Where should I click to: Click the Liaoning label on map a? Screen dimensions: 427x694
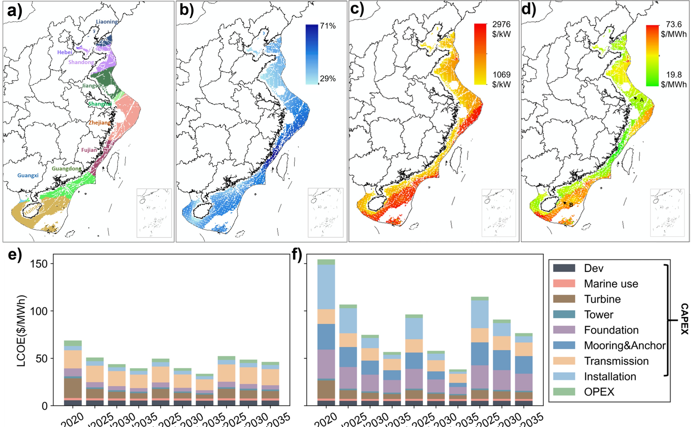107,22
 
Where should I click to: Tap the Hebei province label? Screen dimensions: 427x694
65,52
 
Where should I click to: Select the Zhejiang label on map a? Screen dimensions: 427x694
99,122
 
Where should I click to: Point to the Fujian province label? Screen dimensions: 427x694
89,150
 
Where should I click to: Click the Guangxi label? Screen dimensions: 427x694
28,175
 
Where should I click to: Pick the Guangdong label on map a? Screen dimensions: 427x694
66,169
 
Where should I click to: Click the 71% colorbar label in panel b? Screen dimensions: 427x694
328,26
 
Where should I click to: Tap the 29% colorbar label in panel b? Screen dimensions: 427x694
328,78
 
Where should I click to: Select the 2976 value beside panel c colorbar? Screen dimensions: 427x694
501,25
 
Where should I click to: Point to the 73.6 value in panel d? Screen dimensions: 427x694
673,25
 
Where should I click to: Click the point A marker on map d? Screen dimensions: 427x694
642,100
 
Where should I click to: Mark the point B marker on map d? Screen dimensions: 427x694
571,205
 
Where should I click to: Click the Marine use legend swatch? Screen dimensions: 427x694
564,284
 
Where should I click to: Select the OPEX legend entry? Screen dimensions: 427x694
599,392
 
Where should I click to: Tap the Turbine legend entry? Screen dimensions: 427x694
602,299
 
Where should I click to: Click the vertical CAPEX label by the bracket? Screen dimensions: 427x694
684,319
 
